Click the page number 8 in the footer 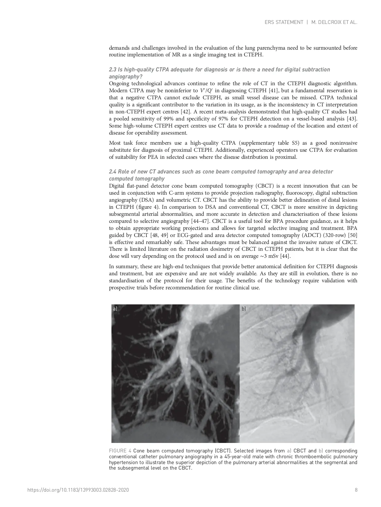(356, 490)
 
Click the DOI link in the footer (78, 490)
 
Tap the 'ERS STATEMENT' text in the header (284, 22)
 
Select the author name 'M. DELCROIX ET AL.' (334, 22)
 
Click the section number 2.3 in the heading (113, 70)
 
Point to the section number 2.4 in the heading (113, 172)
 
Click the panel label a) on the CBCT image (115, 309)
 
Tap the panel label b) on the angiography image (244, 309)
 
